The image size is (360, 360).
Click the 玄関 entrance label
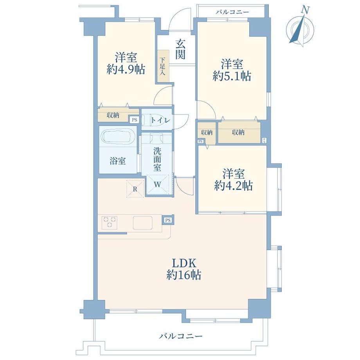(180, 49)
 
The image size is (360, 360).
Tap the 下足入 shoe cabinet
(163, 67)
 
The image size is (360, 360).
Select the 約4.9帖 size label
(126, 69)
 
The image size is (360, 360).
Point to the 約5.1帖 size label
(232, 76)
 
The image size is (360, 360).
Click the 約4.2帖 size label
(234, 185)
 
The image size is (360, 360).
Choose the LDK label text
(184, 263)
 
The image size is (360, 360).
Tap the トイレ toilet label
(160, 120)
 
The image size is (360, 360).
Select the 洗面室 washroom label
(157, 159)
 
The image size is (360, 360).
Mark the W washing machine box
(157, 185)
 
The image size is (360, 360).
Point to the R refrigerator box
(135, 189)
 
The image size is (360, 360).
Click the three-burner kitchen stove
(109, 222)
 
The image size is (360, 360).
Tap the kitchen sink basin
(143, 223)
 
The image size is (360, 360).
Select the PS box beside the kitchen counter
(168, 220)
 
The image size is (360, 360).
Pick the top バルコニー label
(232, 12)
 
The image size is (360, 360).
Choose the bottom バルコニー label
(181, 337)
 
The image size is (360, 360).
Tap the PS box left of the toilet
(134, 120)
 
